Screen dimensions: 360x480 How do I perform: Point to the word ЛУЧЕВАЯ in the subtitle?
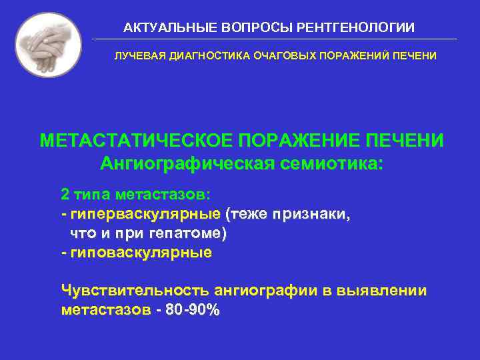139,56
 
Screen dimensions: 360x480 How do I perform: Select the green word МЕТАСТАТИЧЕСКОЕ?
133,141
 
